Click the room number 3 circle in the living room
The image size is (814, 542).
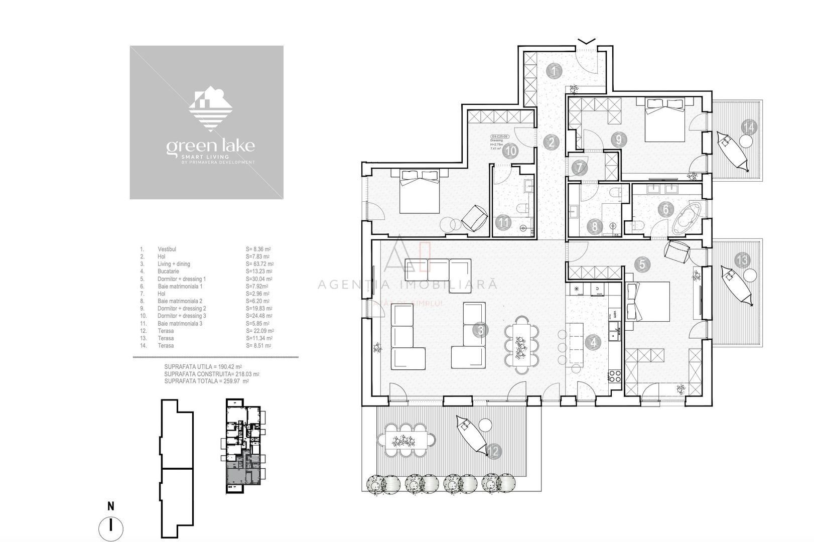[x=481, y=330]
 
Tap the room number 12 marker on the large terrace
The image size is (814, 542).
[x=493, y=451]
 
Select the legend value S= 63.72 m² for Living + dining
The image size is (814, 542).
[x=260, y=264]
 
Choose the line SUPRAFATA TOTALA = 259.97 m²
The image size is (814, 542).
[x=207, y=381]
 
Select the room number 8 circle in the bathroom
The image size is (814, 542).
[x=595, y=226]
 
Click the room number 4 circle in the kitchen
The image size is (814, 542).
[x=594, y=343]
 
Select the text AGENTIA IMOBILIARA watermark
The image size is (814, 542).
[x=408, y=285]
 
